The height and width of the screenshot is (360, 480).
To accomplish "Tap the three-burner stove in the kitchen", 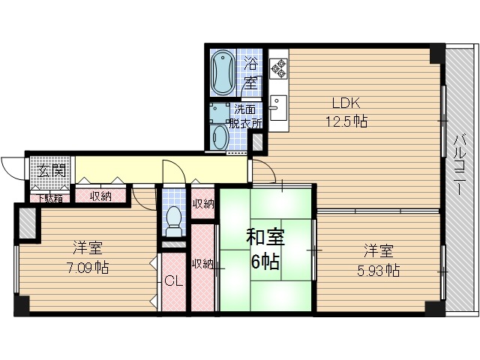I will click(x=279, y=68).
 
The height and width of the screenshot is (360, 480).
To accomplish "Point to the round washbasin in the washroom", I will click(x=219, y=137).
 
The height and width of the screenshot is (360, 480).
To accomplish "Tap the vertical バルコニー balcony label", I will click(x=458, y=164).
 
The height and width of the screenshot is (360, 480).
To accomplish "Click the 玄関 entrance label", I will click(x=50, y=172).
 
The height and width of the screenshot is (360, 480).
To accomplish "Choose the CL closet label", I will click(x=172, y=282).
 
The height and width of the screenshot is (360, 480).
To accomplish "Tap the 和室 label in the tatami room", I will click(x=263, y=238).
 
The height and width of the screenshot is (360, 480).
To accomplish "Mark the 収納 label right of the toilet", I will click(x=202, y=204).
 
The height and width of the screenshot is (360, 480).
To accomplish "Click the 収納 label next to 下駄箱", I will click(x=101, y=197).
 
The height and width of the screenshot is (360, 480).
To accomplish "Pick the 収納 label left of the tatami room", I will click(x=202, y=263).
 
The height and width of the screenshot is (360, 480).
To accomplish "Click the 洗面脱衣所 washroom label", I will click(x=245, y=116).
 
